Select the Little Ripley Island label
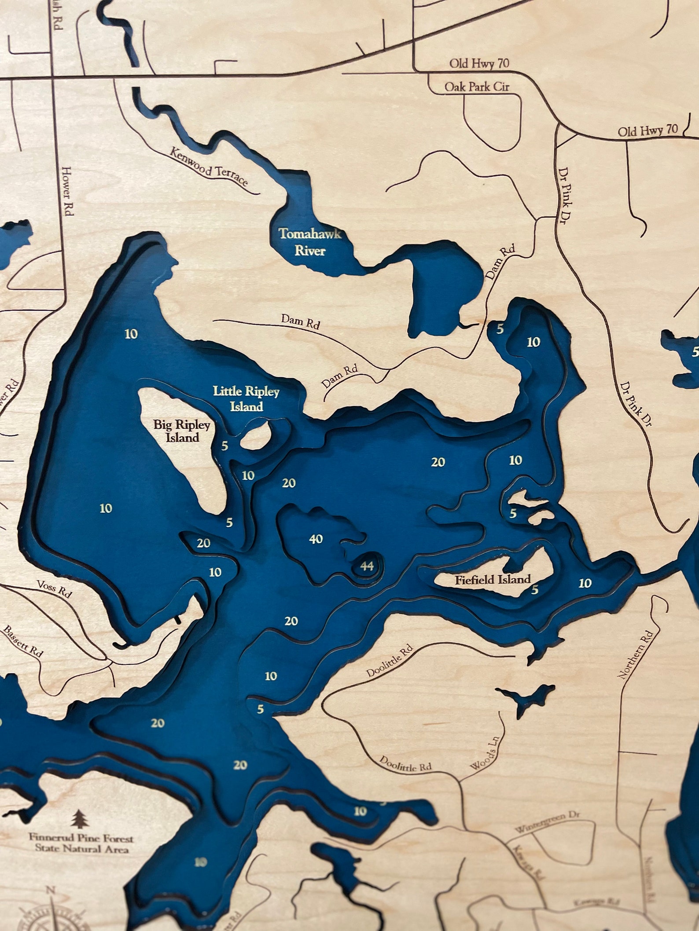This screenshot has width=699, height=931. pos(246,398)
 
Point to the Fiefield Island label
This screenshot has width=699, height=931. pos(493,579)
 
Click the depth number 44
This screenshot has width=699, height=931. pos(367,566)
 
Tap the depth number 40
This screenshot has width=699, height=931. pos(316,539)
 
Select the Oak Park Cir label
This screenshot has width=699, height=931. pos(476,87)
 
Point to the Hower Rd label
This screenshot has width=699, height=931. pos(67,190)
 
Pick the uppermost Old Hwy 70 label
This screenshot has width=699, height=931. pos(479,63)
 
